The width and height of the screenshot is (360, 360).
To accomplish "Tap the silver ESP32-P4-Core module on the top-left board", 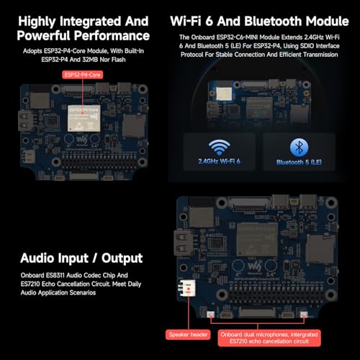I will pyautogui.click(x=83, y=108).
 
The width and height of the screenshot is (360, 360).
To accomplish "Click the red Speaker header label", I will pyautogui.click(x=187, y=334).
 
